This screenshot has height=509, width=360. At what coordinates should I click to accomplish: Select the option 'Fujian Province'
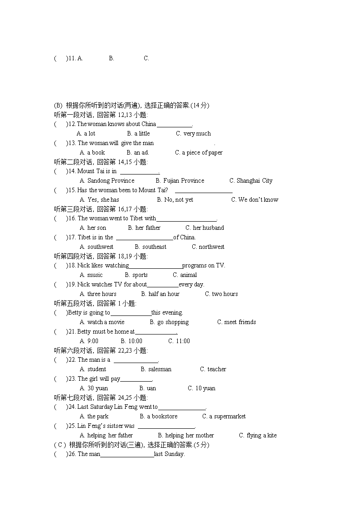pyautogui.click(x=184, y=180)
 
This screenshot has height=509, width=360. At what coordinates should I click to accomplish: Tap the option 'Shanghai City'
pyautogui.click(x=254, y=180)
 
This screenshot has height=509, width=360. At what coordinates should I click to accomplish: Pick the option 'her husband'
pyautogui.click(x=209, y=228)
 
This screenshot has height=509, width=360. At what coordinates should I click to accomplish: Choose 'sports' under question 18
pyautogui.click(x=140, y=275)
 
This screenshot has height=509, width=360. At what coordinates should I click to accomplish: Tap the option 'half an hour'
pyautogui.click(x=164, y=294)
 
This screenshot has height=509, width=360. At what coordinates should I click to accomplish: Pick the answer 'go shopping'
pyautogui.click(x=173, y=322)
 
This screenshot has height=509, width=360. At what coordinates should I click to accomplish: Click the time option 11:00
pyautogui.click(x=183, y=341)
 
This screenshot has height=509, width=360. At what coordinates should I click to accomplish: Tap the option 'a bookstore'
pyautogui.click(x=162, y=416)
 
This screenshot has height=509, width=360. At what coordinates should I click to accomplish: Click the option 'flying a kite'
pyautogui.click(x=262, y=435)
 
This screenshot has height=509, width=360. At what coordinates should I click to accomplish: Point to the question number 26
pyautogui.click(x=72, y=454)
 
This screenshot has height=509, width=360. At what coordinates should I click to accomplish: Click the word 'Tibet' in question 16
pyautogui.click(x=136, y=218)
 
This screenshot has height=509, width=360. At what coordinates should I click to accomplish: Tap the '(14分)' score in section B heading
pyautogui.click(x=200, y=106)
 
